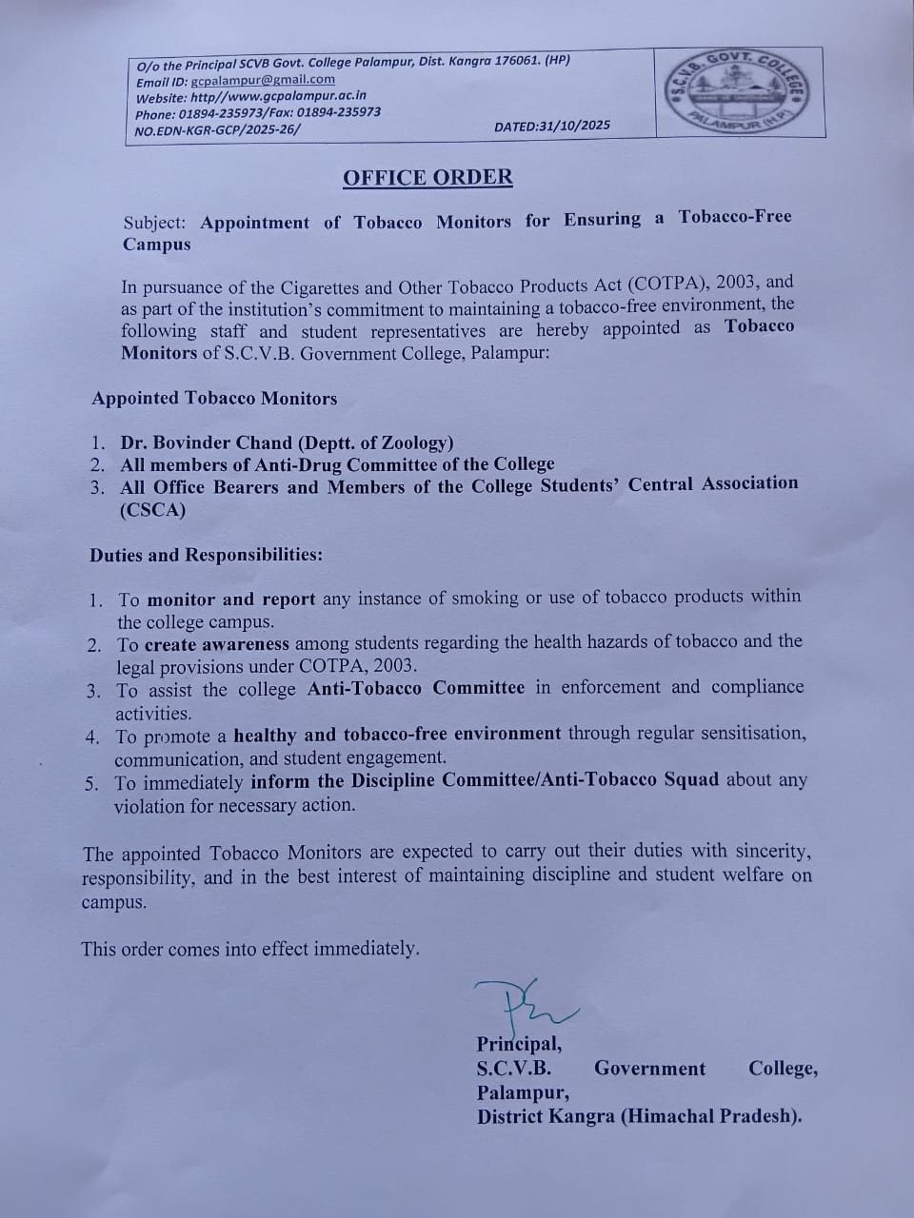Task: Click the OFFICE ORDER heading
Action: click(427, 178)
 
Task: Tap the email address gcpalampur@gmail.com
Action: click(263, 81)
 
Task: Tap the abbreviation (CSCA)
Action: click(152, 510)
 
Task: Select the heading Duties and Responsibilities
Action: click(206, 555)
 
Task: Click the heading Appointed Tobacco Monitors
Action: click(214, 399)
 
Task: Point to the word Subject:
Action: click(155, 223)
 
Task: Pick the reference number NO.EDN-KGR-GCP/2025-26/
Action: click(217, 129)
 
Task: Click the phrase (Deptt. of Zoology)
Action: click(376, 442)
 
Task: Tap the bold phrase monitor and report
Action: click(231, 599)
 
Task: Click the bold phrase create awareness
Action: click(217, 644)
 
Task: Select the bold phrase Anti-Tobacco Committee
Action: click(415, 688)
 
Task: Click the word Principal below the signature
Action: click(518, 1044)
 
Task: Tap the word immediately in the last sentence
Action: click(366, 949)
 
